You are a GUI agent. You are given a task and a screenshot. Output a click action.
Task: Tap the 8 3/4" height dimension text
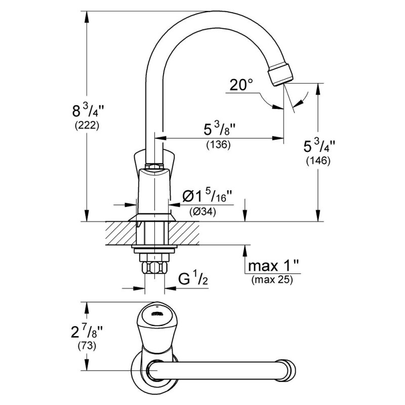coord(88,110)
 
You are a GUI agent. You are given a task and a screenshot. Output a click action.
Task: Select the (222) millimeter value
coord(87,126)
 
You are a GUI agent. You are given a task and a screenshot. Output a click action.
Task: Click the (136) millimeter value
coord(218,144)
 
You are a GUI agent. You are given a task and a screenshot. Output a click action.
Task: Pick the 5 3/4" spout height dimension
coord(319,146)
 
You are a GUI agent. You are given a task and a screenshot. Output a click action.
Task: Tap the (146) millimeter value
coord(318,161)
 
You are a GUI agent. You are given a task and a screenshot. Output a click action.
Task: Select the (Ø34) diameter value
coord(202,212)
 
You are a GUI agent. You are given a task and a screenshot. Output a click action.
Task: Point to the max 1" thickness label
coord(273,266)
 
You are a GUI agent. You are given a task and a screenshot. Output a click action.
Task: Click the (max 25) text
coord(272,279)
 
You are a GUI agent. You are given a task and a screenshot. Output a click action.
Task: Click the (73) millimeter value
coord(87,346)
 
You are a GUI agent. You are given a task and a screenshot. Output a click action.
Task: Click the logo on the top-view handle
coord(156,314)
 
